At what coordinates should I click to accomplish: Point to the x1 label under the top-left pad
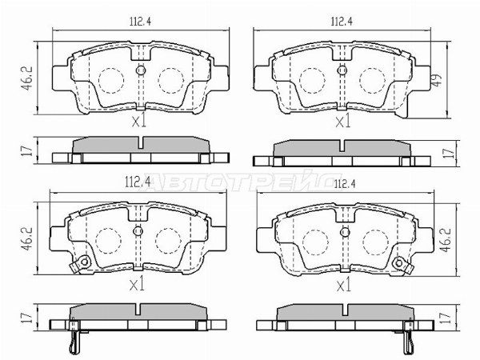(139, 122)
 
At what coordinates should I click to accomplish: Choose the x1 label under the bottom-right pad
(342, 284)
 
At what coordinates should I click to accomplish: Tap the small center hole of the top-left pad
(140, 71)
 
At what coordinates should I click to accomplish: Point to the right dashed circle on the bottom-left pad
(169, 241)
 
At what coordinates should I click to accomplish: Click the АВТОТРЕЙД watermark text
(240, 182)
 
